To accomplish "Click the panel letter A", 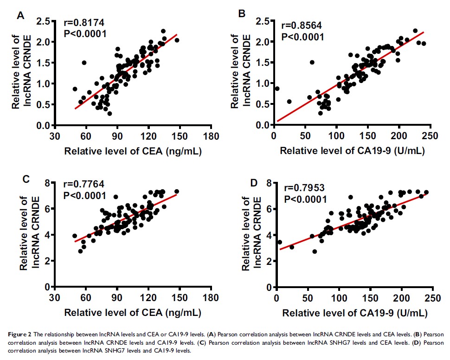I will point(20,16).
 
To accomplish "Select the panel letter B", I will point(242,14).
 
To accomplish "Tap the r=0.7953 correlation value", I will point(305,188).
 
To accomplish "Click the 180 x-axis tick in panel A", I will point(212,137).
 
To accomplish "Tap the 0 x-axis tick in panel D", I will point(276,298).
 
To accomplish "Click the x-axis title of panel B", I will point(353,151).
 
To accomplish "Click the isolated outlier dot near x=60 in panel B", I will point(312,62).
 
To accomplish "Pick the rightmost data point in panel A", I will point(177,40).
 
